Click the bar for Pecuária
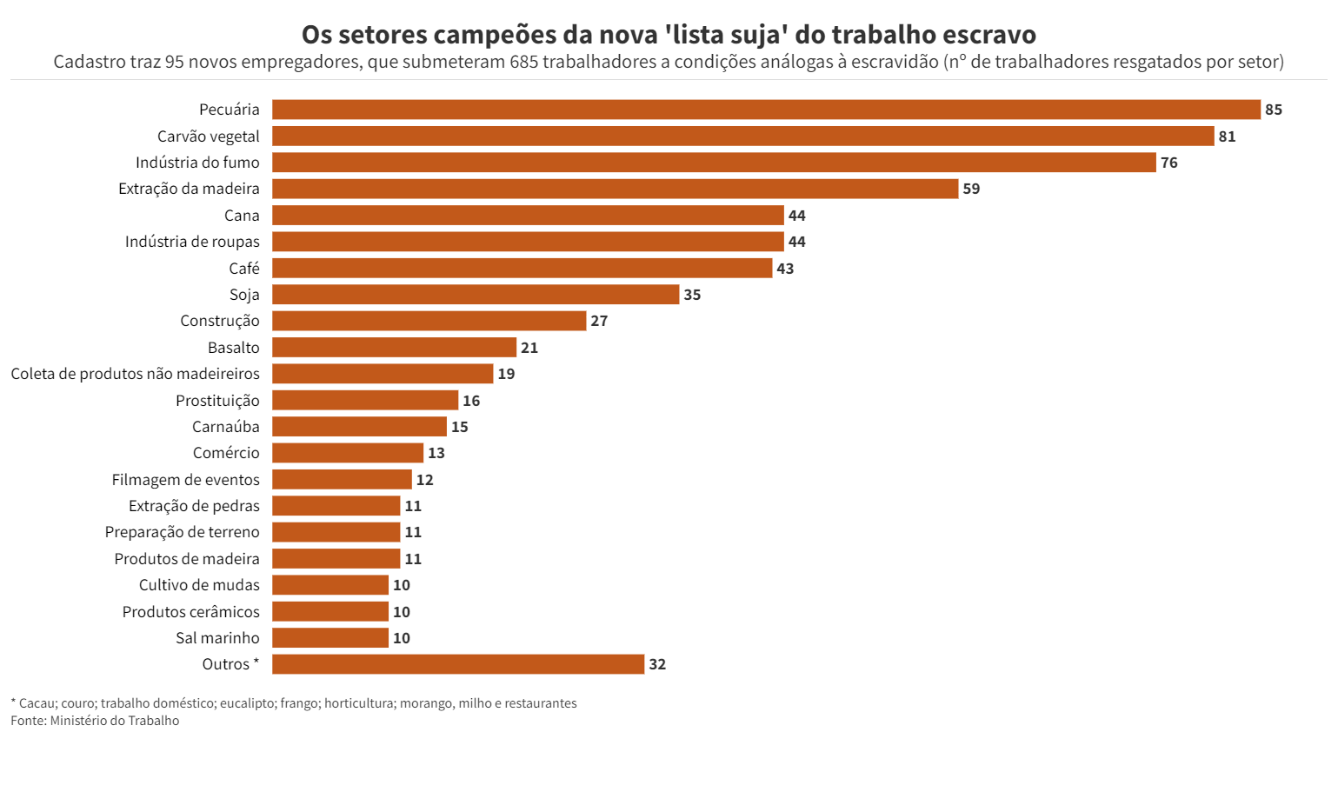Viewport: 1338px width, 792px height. (765, 110)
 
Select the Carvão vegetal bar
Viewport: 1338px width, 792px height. (742, 136)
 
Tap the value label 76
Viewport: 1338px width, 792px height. (1168, 163)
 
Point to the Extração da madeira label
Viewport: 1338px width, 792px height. (189, 189)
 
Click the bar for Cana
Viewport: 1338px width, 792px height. (528, 216)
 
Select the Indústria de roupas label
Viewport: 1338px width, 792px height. (192, 242)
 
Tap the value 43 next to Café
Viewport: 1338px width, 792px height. (784, 269)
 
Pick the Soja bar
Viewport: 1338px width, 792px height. (475, 295)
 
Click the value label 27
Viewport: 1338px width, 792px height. (599, 321)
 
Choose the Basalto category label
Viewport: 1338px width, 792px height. (233, 348)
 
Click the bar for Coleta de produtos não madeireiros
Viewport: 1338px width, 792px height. (383, 374)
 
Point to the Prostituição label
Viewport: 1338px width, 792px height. (217, 401)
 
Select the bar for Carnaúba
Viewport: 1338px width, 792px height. (359, 427)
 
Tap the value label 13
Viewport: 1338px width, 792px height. (436, 453)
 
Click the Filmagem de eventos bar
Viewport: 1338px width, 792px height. (342, 480)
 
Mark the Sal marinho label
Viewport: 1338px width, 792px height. (217, 638)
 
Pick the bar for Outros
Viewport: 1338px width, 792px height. (457, 664)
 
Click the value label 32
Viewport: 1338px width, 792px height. (657, 664)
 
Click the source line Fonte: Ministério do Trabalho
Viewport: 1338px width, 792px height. (95, 721)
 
